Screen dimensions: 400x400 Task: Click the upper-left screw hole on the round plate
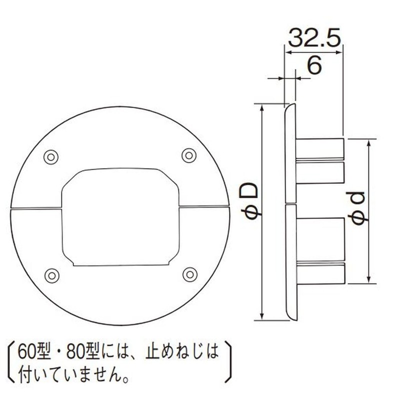[x=50, y=156]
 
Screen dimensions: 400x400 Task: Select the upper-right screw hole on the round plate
[x=188, y=155]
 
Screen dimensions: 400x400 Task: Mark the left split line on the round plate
[x=35, y=207]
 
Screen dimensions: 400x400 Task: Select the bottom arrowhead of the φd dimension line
[x=369, y=281]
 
